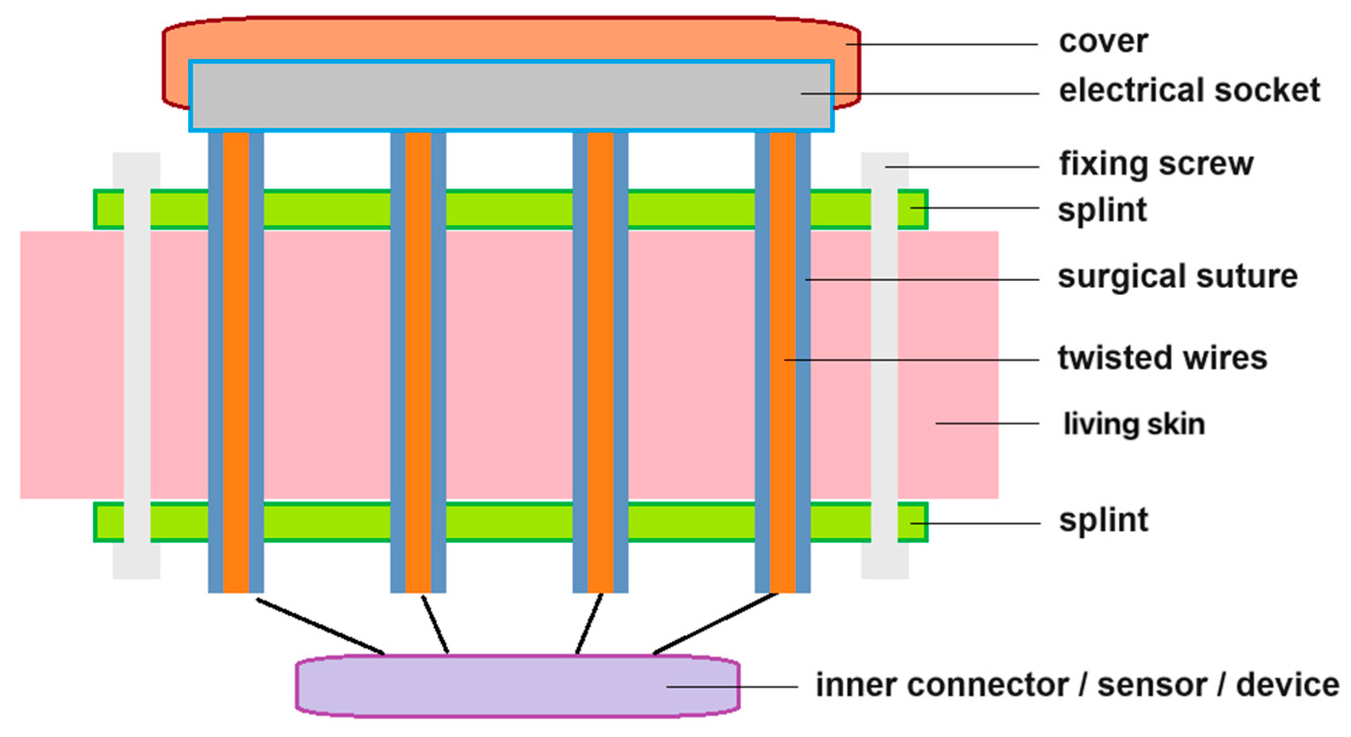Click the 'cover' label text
point(1103,41)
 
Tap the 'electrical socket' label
point(1189,91)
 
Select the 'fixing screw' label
point(1156,164)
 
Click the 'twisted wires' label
point(1162,358)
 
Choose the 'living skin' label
point(1134,424)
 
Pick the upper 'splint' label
point(1102,210)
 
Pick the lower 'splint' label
point(1103,520)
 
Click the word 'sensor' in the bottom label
point(1152,685)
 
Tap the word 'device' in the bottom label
point(1287,685)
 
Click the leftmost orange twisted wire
point(236,362)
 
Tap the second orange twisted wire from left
point(418,362)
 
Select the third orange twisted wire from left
point(600,362)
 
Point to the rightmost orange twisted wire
point(782,362)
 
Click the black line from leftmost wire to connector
point(320,626)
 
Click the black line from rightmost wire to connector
point(716,624)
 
